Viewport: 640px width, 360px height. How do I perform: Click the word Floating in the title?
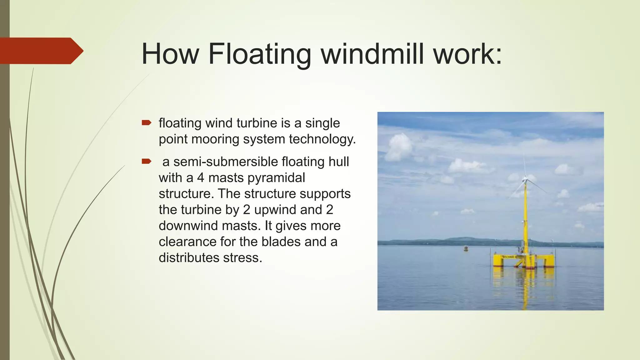point(259,54)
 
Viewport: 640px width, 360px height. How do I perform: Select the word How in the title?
point(170,54)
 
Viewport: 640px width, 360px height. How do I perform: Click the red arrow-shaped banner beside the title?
point(41,51)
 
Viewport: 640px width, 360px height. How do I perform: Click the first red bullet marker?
point(146,123)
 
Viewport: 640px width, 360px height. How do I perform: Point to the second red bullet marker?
point(146,162)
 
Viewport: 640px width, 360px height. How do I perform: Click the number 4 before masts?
point(200,178)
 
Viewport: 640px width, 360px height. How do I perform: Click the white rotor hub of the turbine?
point(525,180)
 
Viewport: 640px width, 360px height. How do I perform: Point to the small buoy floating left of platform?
point(466,249)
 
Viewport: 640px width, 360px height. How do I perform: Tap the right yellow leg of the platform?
point(549,261)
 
